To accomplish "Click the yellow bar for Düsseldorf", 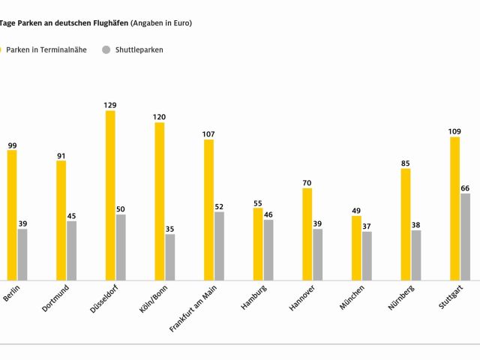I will [x=110, y=195].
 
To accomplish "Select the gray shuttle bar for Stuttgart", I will [x=465, y=237].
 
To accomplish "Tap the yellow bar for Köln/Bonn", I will [x=160, y=201].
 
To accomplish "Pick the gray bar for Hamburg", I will [x=268, y=250].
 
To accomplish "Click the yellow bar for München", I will [x=356, y=247].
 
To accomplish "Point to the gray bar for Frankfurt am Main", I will [x=219, y=246].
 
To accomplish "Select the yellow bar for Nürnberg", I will [x=406, y=224].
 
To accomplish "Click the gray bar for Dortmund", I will [x=71, y=250].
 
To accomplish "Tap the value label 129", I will [x=110, y=105].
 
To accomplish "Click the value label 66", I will [x=465, y=187].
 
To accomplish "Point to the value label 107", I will [x=208, y=134].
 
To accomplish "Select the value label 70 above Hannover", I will [x=307, y=182].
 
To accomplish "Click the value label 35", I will [x=169, y=229].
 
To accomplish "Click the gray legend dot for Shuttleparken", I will [x=106, y=49].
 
